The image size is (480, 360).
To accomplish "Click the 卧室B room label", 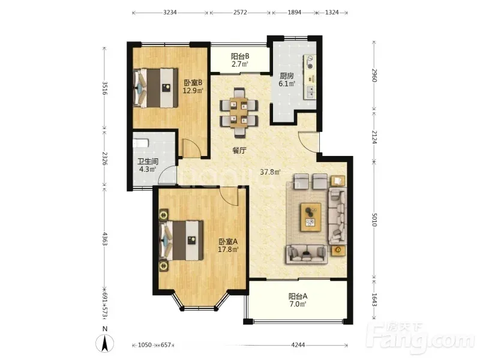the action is click(x=193, y=83).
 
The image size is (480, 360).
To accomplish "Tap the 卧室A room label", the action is click(x=228, y=242).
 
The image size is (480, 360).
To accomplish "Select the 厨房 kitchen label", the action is click(x=287, y=76).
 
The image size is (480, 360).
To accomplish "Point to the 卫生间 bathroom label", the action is click(x=148, y=161).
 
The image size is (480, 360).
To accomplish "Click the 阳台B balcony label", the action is click(x=239, y=56).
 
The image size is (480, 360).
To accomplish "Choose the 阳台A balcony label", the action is click(x=298, y=296).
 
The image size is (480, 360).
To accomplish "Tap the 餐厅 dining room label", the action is click(x=239, y=151).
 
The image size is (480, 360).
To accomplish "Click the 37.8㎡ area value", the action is click(x=271, y=172).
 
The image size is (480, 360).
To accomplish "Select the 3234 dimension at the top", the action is click(x=170, y=13).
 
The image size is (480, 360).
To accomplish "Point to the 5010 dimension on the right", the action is click(x=374, y=219).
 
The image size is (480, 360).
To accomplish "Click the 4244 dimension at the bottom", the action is click(x=298, y=345).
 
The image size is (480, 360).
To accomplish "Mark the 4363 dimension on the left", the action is click(x=104, y=239).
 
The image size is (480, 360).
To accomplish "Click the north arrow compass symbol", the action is click(x=104, y=343).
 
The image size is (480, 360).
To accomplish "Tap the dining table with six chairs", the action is click(x=239, y=112).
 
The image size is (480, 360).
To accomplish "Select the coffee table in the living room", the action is click(x=311, y=217).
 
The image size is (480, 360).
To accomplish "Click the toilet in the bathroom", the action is click(x=141, y=143).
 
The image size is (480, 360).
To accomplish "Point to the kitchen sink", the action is click(x=310, y=92).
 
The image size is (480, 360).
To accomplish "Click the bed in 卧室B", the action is click(x=155, y=88).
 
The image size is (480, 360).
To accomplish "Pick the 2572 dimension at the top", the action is click(x=240, y=13).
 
